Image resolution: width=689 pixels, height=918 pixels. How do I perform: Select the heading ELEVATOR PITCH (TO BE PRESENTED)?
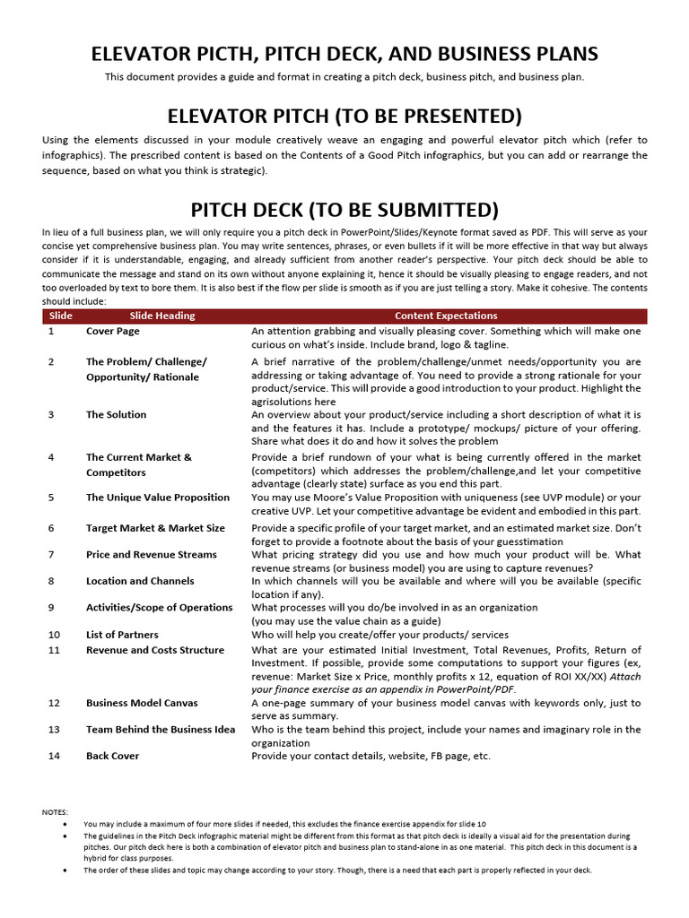point(344,116)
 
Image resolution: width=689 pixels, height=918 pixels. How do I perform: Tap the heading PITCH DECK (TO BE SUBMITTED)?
point(344,210)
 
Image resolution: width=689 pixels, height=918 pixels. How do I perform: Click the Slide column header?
point(60,316)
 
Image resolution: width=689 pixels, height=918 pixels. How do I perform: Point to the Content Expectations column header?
point(446,316)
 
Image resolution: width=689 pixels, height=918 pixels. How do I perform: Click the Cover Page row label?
point(113,331)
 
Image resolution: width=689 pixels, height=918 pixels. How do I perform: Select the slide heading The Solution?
point(116,415)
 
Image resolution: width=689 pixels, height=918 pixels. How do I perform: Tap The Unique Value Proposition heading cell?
point(158,498)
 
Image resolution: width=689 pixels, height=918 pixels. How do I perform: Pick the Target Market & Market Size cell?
point(155,528)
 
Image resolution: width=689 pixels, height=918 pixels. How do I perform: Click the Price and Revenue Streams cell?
point(151,555)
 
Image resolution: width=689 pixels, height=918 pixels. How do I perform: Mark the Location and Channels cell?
point(140,581)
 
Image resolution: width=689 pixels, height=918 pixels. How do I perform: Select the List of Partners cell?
point(122,635)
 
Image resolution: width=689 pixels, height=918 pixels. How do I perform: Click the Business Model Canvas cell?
point(142,703)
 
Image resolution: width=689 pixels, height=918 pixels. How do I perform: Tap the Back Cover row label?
point(112,756)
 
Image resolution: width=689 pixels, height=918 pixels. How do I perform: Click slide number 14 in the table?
point(53,756)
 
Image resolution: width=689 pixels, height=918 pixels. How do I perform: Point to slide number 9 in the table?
point(51,607)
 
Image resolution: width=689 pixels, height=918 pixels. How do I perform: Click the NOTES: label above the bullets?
point(55,812)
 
